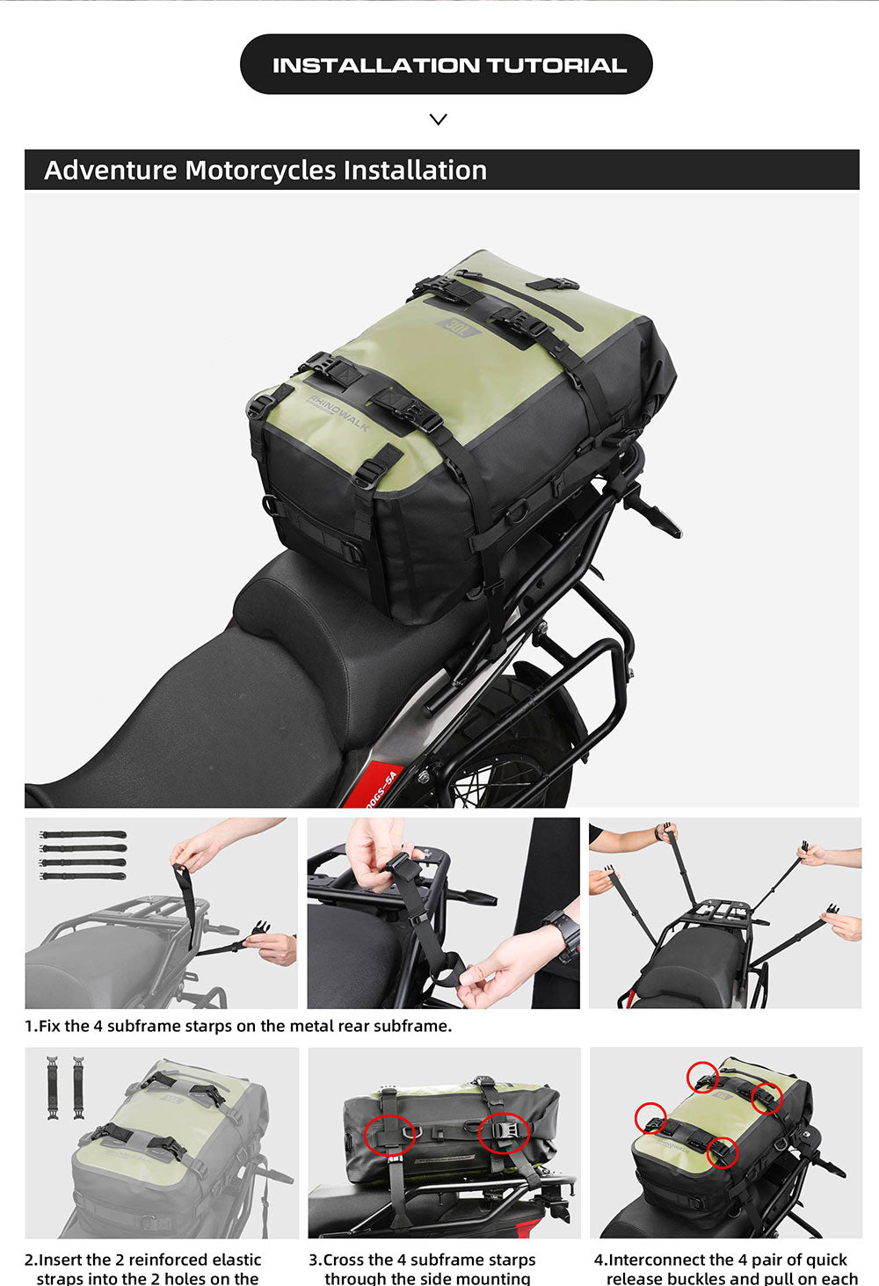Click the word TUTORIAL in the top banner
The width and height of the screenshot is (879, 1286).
556,65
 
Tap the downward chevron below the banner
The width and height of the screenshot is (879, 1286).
439,120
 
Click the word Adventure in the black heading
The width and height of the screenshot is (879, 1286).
111,171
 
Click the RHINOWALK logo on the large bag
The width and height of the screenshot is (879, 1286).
338,412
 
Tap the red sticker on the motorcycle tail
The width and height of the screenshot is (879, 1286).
383,788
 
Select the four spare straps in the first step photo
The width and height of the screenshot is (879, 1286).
84,854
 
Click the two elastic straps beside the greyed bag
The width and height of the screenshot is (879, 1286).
66,1087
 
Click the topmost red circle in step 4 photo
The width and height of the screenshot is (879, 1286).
702,1076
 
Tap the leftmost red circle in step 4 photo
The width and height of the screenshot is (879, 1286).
650,1118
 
